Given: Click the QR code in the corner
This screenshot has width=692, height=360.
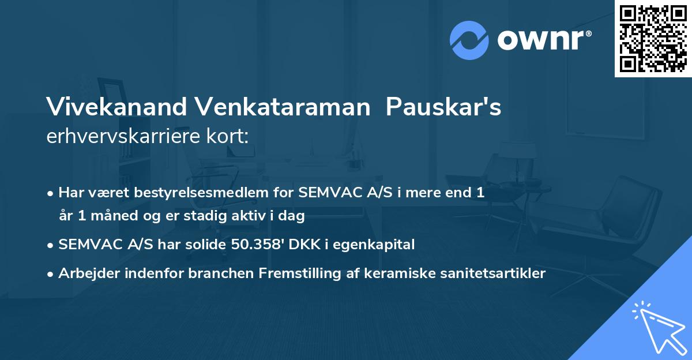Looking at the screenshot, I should (653, 39).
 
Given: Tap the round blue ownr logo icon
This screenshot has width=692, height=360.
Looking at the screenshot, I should (469, 40).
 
